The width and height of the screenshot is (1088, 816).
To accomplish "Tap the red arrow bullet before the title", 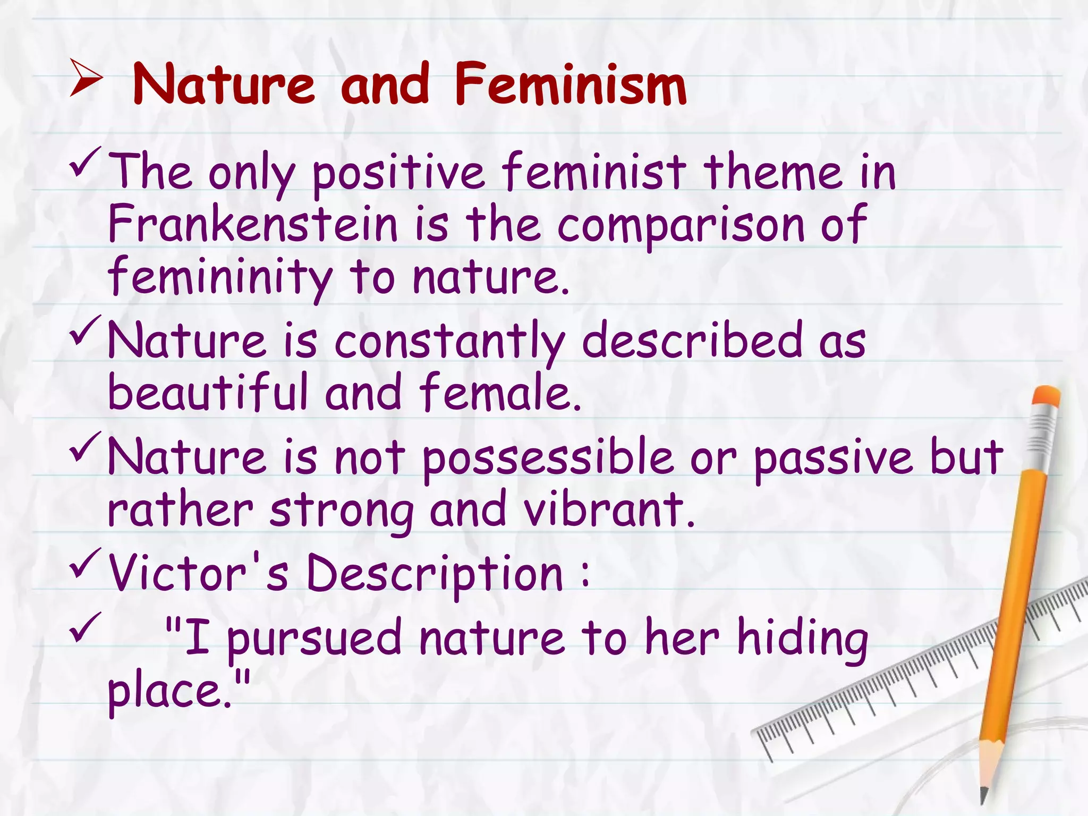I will (85, 79).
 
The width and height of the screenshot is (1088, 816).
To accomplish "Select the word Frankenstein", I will (252, 225).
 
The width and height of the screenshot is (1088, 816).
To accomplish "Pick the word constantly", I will (449, 341).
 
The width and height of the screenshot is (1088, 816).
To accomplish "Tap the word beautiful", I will (208, 392).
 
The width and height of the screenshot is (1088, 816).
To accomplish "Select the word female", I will (500, 392).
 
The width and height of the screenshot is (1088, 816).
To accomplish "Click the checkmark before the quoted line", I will (84, 627).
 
